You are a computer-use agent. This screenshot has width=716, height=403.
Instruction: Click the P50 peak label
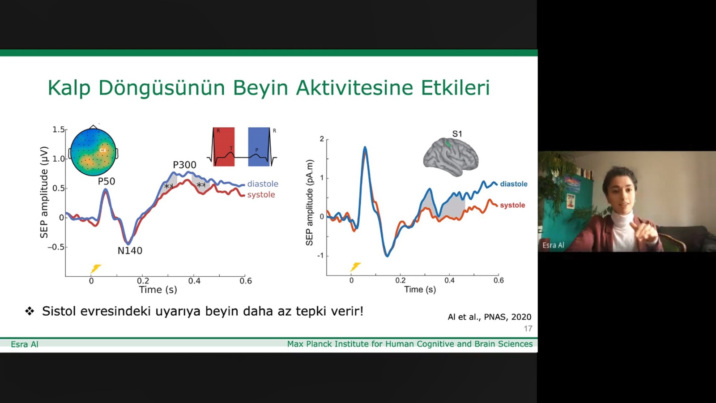click(x=107, y=181)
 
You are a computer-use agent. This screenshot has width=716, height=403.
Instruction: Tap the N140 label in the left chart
click(x=130, y=251)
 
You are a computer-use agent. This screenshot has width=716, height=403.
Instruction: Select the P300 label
click(x=184, y=165)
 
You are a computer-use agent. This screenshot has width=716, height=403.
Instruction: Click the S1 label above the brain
click(x=457, y=134)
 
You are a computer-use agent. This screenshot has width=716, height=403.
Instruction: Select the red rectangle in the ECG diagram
click(x=224, y=147)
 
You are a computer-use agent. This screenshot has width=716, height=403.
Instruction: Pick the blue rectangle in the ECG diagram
click(x=259, y=147)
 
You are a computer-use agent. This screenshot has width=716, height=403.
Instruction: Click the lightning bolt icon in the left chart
click(x=95, y=269)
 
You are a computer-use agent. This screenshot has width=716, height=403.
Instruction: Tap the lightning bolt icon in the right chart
click(x=355, y=267)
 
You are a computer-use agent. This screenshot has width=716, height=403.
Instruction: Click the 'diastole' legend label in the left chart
click(x=263, y=184)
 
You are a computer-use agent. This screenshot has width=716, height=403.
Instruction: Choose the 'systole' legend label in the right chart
click(x=512, y=205)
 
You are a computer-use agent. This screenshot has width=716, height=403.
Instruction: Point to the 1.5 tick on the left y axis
click(x=59, y=129)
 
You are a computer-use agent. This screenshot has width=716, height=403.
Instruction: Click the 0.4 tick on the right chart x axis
click(x=449, y=280)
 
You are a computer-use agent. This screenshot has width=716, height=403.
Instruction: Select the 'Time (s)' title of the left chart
click(x=158, y=290)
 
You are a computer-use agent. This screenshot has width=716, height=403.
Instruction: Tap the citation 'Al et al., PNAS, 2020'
click(x=489, y=317)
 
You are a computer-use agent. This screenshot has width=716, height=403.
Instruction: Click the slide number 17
click(x=528, y=329)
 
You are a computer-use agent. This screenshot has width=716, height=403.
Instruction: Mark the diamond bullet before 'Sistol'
click(x=30, y=311)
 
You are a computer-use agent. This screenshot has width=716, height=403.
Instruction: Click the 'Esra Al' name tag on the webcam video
click(x=553, y=245)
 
